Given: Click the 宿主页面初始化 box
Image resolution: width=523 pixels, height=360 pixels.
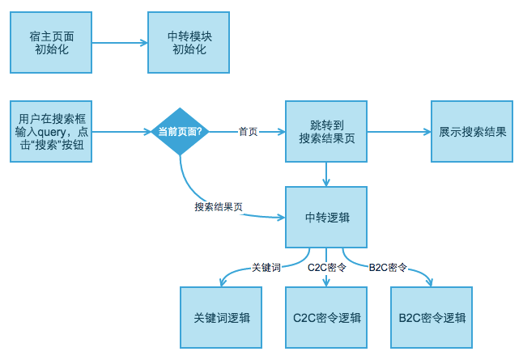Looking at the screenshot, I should click(x=51, y=42).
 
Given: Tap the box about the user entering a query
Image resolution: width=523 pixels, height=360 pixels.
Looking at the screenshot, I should click(x=51, y=132).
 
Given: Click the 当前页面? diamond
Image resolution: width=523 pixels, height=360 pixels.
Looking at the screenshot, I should click(x=181, y=132).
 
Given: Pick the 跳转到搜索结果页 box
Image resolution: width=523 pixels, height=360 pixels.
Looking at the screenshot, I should click(x=326, y=132).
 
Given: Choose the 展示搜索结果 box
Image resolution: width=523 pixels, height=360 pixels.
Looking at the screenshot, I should click(x=472, y=132).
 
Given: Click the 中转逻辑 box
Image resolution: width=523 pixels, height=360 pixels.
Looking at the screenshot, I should click(x=326, y=218).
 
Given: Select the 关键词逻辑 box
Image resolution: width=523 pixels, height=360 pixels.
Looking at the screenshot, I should click(x=221, y=316).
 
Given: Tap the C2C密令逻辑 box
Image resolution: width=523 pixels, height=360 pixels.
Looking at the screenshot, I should click(x=326, y=316).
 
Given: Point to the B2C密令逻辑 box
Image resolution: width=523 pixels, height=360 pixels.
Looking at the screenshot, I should click(x=432, y=316).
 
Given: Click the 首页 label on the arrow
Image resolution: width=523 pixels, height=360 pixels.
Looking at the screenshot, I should click(x=248, y=132).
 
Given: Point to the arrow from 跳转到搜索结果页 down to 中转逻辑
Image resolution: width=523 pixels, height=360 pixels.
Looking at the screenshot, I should click(x=326, y=174).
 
